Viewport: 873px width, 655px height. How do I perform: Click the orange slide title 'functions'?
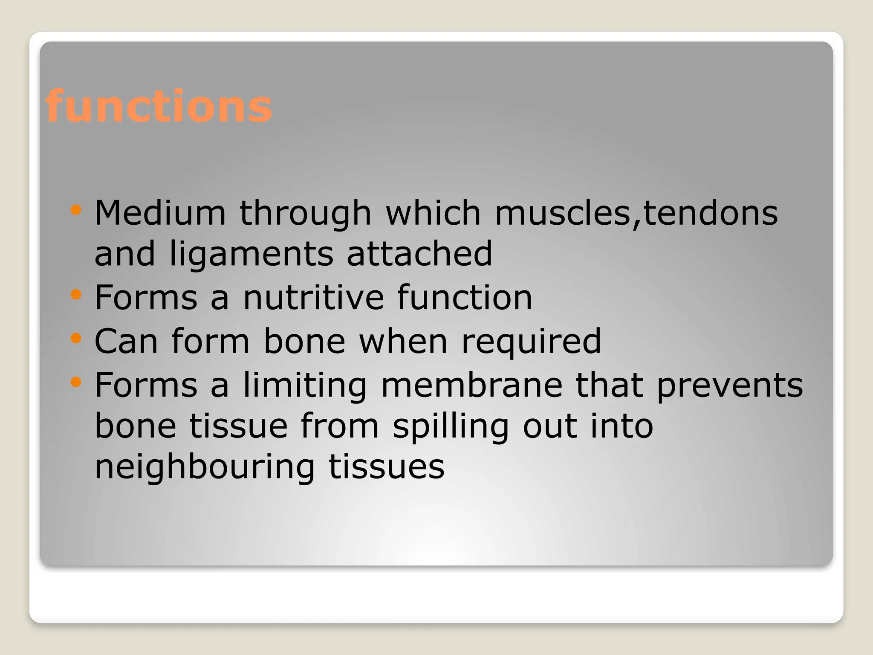click(x=159, y=106)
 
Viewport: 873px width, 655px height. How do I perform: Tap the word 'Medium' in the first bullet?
click(x=160, y=213)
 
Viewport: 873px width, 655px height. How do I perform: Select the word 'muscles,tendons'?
click(x=636, y=213)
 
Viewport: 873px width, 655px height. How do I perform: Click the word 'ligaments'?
click(x=251, y=255)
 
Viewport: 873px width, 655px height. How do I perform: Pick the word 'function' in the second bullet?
click(x=465, y=297)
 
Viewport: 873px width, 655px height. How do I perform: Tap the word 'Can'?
click(x=126, y=341)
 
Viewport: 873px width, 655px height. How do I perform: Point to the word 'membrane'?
click(x=471, y=385)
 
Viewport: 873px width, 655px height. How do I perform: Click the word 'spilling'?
click(x=451, y=427)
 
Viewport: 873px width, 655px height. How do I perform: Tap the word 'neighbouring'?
click(x=204, y=467)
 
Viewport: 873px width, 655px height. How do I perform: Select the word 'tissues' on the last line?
click(x=387, y=467)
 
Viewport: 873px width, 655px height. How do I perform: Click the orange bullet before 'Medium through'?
click(x=76, y=210)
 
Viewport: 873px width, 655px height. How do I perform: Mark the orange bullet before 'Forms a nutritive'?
click(x=76, y=294)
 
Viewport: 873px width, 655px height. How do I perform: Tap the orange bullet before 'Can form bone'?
click(x=76, y=338)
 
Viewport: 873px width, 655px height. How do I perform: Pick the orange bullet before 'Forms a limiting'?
click(x=76, y=382)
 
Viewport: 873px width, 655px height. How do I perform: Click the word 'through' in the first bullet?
click(x=305, y=214)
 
